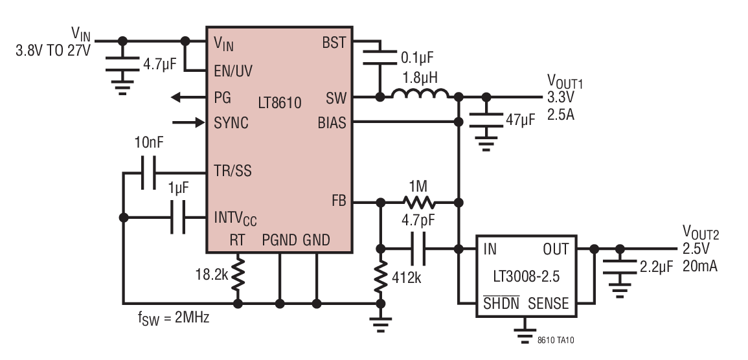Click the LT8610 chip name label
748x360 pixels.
280,102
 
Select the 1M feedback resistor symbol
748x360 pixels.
419,203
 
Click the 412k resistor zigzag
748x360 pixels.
381,277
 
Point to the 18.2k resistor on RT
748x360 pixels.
238,275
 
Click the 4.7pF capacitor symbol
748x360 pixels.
418,249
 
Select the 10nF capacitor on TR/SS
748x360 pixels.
148,173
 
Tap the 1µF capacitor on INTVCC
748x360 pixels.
178,218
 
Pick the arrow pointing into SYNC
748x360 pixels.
189,123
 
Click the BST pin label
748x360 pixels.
334,43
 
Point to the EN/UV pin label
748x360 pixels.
233,71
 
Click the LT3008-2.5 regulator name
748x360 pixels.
526,276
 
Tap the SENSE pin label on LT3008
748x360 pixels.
548,303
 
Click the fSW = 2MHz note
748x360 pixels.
173,317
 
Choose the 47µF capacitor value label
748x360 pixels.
521,120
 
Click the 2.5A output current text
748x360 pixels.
561,115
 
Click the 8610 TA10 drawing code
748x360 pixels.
556,341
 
